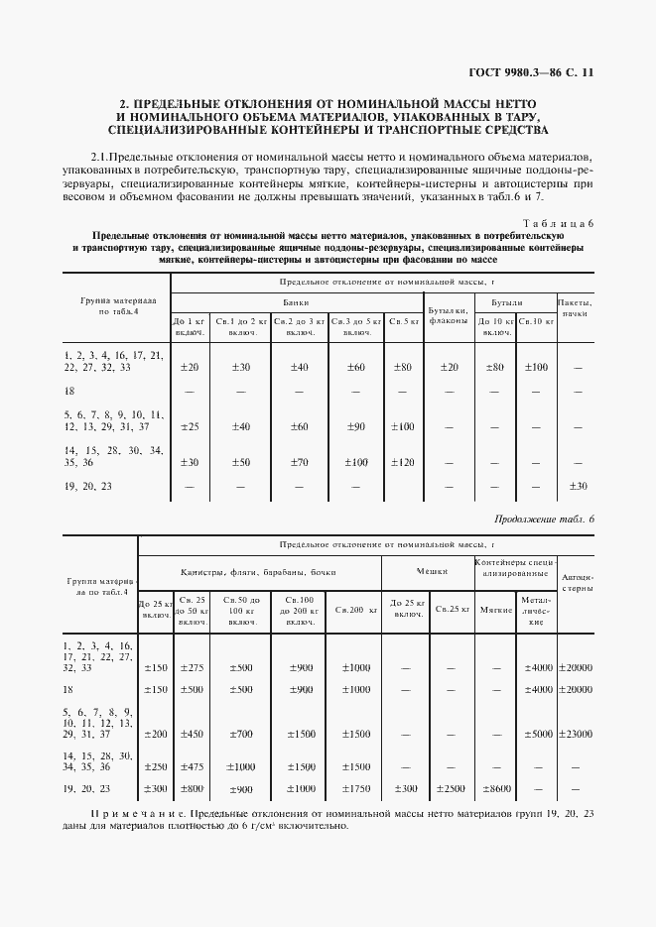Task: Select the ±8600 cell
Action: [x=494, y=788]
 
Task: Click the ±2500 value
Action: [x=449, y=788]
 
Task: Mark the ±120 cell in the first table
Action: [x=402, y=462]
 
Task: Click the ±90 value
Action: [x=356, y=427]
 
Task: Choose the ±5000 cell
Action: [x=535, y=735]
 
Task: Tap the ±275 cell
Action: [x=192, y=668]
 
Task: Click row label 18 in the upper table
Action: [x=69, y=391]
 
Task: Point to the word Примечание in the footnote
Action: [x=139, y=813]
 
